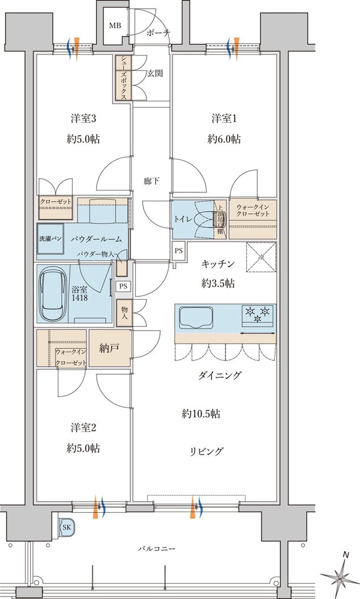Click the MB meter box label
click(x=114, y=25)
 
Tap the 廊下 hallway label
click(x=152, y=181)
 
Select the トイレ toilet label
click(x=182, y=219)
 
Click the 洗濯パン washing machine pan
click(x=50, y=240)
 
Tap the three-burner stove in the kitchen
click(x=258, y=315)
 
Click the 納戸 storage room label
click(x=110, y=348)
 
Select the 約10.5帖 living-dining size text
click(x=201, y=414)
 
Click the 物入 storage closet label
click(x=125, y=313)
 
